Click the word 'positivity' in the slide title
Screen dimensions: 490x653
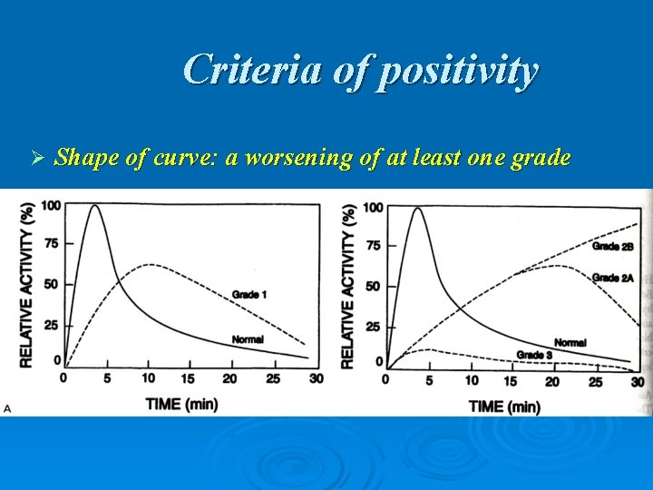(x=456, y=70)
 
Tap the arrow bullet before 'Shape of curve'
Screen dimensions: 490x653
(x=37, y=159)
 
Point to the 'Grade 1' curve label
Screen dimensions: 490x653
(x=249, y=294)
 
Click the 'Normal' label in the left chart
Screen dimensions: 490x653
(x=247, y=339)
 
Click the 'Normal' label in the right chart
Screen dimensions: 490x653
(x=570, y=343)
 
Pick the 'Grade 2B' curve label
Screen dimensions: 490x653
(x=612, y=246)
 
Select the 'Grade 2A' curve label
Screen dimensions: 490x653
(x=612, y=278)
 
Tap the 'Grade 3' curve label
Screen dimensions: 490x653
(x=534, y=354)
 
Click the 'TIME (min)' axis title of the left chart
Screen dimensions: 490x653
(x=181, y=403)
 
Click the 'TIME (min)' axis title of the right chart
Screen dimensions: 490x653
(x=504, y=406)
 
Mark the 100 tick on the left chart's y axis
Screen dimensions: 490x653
(x=51, y=206)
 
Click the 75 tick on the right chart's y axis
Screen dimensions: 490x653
(x=373, y=246)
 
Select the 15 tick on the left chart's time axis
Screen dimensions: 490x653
(x=187, y=377)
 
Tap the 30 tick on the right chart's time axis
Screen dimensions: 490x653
(x=637, y=381)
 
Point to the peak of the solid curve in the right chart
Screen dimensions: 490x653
(x=417, y=209)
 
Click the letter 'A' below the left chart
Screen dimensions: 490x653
(x=7, y=409)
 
